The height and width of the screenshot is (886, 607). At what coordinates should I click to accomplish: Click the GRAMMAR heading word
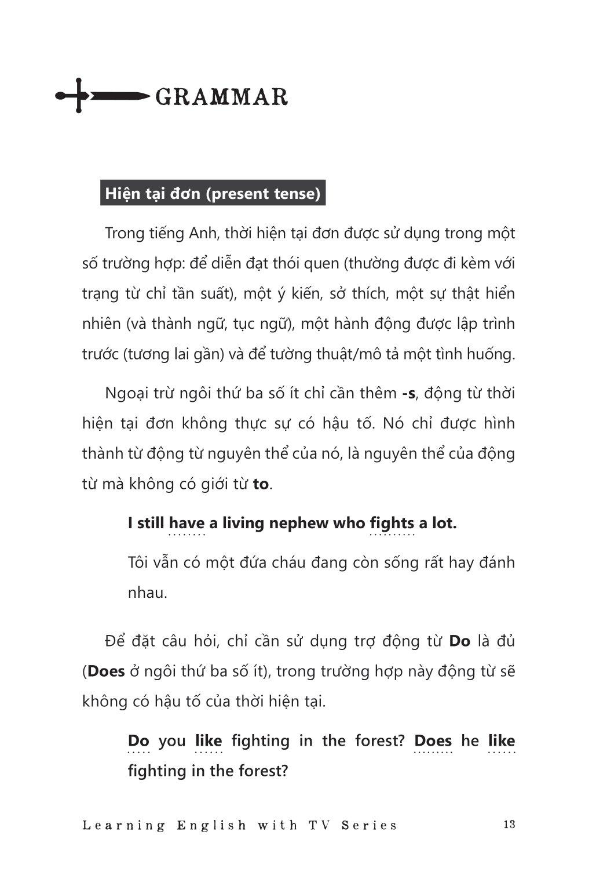pyautogui.click(x=222, y=97)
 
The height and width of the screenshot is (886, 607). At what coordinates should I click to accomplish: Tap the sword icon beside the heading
pyautogui.click(x=100, y=96)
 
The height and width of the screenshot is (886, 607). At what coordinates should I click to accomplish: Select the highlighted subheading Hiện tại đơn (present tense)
pyautogui.click(x=213, y=193)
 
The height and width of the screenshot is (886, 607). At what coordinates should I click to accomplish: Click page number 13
pyautogui.click(x=509, y=824)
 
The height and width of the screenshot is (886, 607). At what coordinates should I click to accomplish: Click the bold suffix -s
pyautogui.click(x=409, y=393)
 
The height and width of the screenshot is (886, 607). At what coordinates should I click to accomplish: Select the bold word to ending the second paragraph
pyautogui.click(x=261, y=484)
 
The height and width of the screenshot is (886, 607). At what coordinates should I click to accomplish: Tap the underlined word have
pyautogui.click(x=187, y=523)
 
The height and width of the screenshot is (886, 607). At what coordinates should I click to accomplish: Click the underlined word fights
pyautogui.click(x=392, y=523)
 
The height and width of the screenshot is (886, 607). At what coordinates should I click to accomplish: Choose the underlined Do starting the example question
pyautogui.click(x=138, y=740)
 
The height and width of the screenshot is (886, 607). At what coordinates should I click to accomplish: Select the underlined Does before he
pyautogui.click(x=433, y=740)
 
